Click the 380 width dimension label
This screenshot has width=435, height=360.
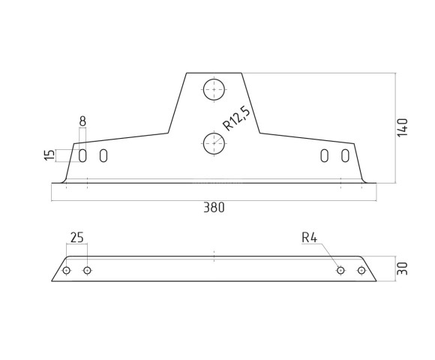coord(213,208)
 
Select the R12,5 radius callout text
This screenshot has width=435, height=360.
coord(237,119)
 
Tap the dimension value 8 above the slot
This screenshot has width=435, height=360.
coord(82,121)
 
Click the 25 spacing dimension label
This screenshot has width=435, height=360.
coord(76,238)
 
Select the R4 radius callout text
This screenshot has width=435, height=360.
coord(310,238)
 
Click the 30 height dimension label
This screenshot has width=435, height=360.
coord(403,268)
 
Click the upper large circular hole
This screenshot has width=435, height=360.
coord(214,89)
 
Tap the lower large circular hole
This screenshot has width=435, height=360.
coord(214,143)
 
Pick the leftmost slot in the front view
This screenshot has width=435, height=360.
coord(83,155)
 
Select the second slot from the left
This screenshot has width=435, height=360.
coord(103,155)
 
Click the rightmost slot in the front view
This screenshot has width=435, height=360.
coord(345,155)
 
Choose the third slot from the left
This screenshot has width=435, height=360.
coord(325,155)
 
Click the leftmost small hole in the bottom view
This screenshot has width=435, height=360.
coord(67,270)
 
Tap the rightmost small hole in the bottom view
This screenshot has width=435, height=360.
coord(361,270)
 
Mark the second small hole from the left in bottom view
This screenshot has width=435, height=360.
coord(87,270)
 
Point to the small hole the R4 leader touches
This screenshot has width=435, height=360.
coord(340,270)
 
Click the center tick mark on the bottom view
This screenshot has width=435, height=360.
coord(214,257)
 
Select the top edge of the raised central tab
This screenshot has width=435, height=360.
coord(214,73)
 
